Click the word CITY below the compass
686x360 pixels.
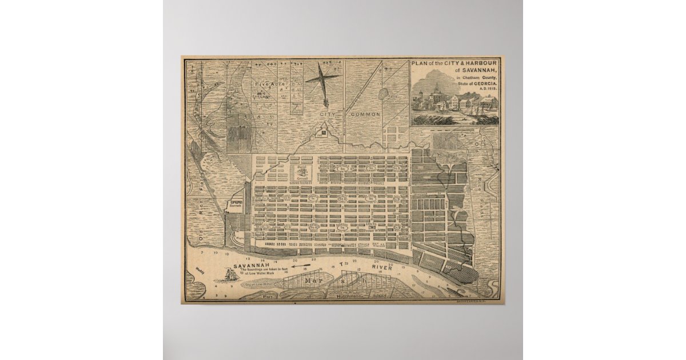pos(328,114)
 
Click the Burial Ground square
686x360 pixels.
pos(302,171)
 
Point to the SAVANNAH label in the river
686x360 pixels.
pos(255,266)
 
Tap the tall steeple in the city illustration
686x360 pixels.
pos(436,90)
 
